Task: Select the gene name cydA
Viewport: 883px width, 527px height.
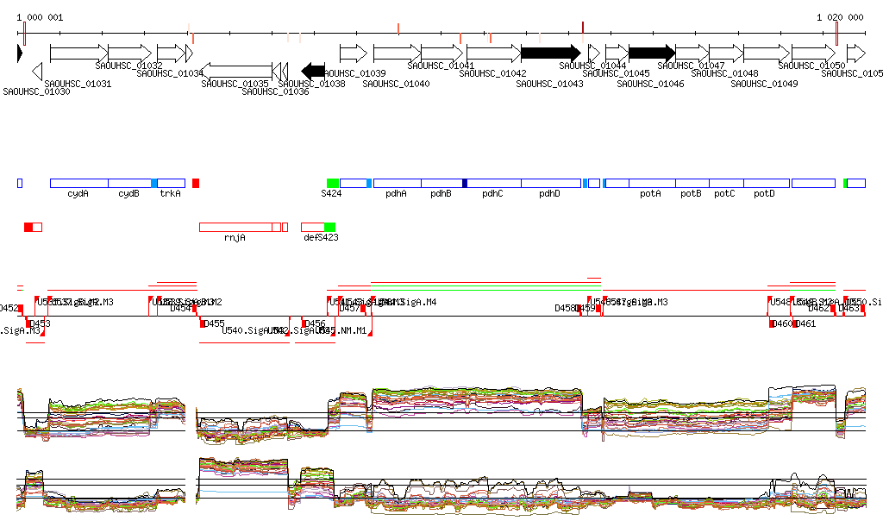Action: coord(78,194)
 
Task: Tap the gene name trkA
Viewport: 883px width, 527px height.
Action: coord(171,194)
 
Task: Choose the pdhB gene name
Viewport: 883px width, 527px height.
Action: coord(441,194)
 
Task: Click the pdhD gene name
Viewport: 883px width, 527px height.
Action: coord(549,194)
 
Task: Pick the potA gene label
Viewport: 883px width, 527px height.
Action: coord(650,194)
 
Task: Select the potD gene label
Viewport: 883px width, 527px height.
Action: coord(764,194)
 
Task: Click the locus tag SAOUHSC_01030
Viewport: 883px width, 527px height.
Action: coord(36,91)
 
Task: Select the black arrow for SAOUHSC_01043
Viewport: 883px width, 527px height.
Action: coord(551,53)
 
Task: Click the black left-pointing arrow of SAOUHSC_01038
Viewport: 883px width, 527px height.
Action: coord(313,70)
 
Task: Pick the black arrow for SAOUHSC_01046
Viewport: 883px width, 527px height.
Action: coord(651,53)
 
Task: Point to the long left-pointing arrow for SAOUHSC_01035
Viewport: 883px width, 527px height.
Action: coord(235,70)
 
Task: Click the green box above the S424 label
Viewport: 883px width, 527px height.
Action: coord(333,184)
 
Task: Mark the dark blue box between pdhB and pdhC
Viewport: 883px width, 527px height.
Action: coord(465,184)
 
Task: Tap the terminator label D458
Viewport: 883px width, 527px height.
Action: coord(565,308)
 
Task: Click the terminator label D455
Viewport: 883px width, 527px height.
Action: coord(213,323)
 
